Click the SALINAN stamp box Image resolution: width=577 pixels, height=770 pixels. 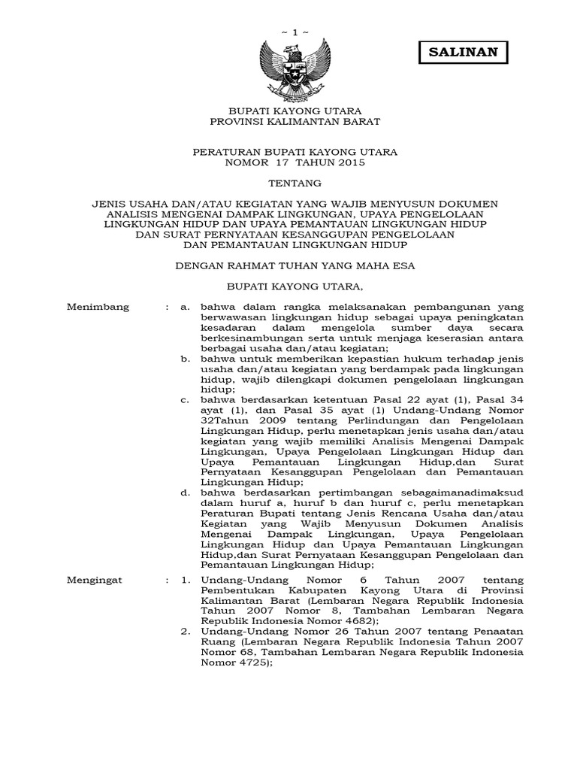point(463,52)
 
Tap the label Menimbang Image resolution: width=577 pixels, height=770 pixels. point(98,307)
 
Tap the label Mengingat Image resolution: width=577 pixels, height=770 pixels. point(97,581)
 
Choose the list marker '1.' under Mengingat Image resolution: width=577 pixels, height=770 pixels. point(184,581)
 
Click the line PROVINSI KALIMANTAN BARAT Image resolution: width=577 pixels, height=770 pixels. point(295,120)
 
